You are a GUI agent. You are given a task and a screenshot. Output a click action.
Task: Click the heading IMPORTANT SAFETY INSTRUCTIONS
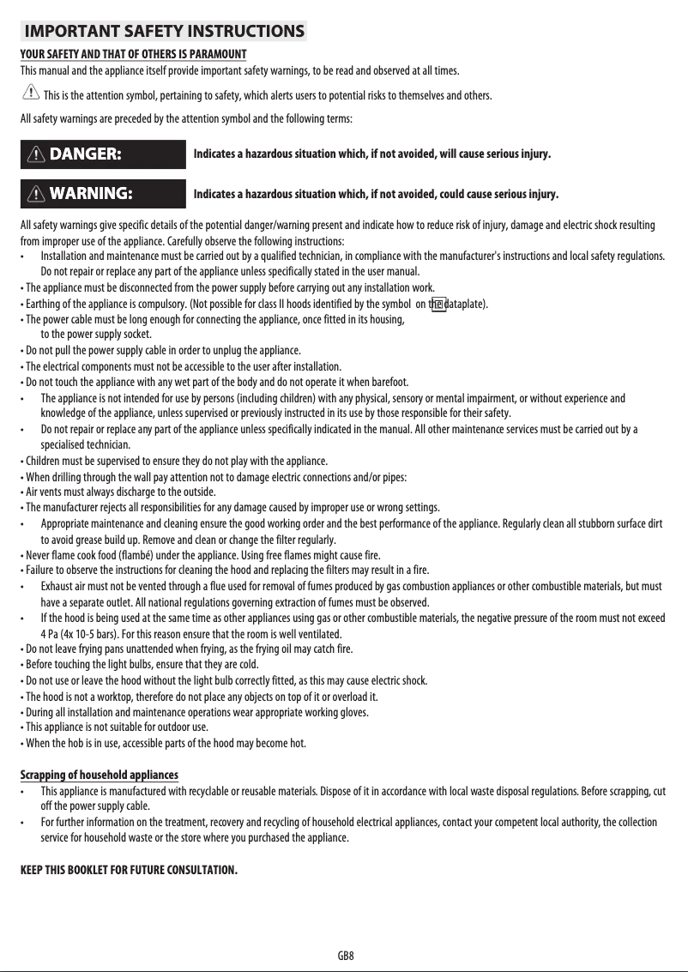coord(164,33)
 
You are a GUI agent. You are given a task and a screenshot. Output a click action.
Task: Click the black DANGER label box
coord(103,154)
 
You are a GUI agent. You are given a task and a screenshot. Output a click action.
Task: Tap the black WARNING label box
coord(103,193)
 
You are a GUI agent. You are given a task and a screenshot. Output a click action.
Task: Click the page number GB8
coord(346,955)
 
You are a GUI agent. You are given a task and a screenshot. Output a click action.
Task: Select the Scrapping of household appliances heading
coord(99,775)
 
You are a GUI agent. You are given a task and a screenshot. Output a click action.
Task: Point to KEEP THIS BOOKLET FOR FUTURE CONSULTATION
coord(129,871)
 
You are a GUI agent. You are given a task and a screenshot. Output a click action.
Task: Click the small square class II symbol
coord(438,303)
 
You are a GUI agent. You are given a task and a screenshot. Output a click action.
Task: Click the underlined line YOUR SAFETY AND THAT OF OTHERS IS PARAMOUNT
coord(133,55)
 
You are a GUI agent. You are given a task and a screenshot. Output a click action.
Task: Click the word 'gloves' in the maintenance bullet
coord(351,712)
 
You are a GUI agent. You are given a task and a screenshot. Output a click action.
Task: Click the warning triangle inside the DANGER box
coord(37,154)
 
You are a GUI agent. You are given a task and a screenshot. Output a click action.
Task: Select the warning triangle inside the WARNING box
coord(37,193)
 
